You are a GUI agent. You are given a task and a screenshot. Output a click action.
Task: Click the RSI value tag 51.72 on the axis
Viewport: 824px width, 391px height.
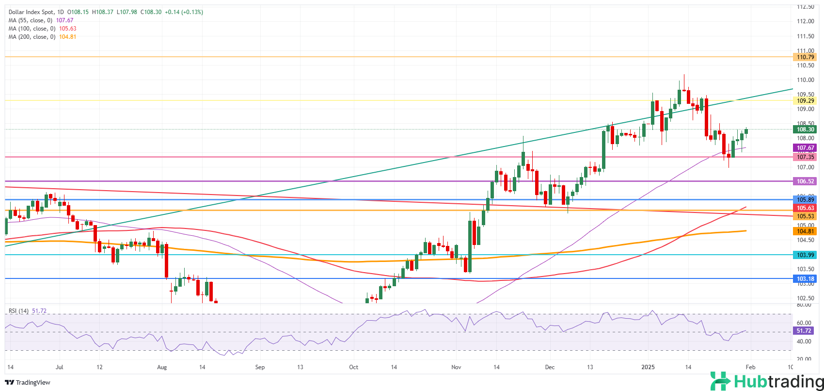point(804,331)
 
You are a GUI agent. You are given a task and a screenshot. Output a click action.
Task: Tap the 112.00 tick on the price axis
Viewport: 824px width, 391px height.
point(806,21)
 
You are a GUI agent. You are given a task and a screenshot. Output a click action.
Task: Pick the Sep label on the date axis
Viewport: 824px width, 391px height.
point(260,367)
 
